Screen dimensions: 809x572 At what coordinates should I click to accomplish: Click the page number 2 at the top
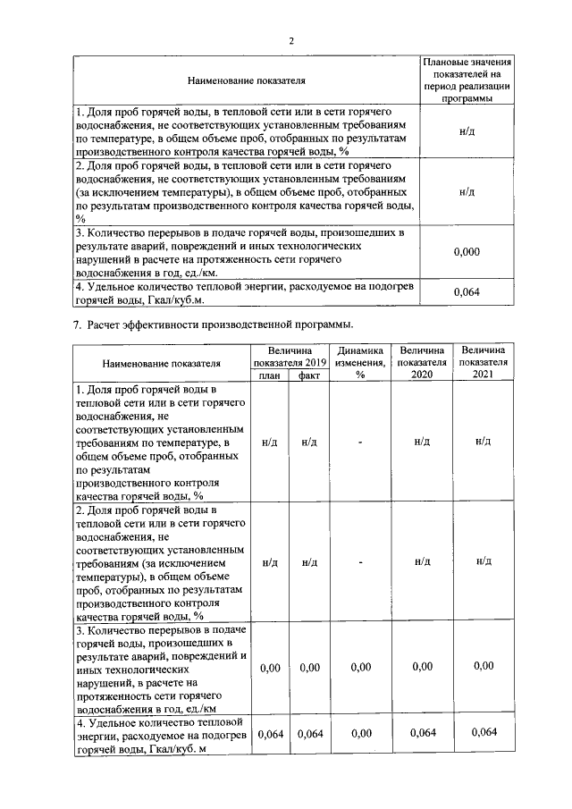(x=291, y=41)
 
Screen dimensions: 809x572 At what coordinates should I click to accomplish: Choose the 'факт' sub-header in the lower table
(x=309, y=376)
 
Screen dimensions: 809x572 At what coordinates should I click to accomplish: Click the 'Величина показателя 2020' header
(x=422, y=363)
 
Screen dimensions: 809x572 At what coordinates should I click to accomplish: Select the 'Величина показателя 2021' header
(x=484, y=363)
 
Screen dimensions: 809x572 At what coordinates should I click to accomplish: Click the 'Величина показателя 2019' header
(x=290, y=357)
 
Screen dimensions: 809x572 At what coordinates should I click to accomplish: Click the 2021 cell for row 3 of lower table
(x=484, y=666)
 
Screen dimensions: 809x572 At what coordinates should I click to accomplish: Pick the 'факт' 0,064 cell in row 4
(x=309, y=734)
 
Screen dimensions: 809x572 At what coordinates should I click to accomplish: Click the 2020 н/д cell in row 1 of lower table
(x=422, y=442)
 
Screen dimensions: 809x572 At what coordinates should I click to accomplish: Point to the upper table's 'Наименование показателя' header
(x=246, y=81)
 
